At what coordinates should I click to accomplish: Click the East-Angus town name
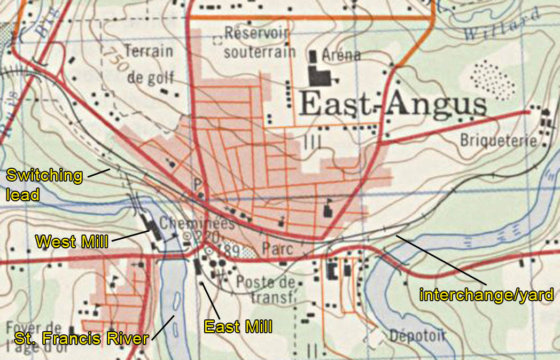click(393, 105)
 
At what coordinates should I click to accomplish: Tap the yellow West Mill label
click(71, 242)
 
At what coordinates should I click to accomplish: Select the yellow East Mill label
click(238, 325)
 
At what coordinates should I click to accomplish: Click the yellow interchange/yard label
click(486, 294)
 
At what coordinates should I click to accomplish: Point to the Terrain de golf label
click(150, 64)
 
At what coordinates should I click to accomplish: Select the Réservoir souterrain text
click(259, 43)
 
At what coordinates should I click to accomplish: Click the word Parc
click(276, 248)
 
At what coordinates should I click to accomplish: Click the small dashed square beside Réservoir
click(217, 39)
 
